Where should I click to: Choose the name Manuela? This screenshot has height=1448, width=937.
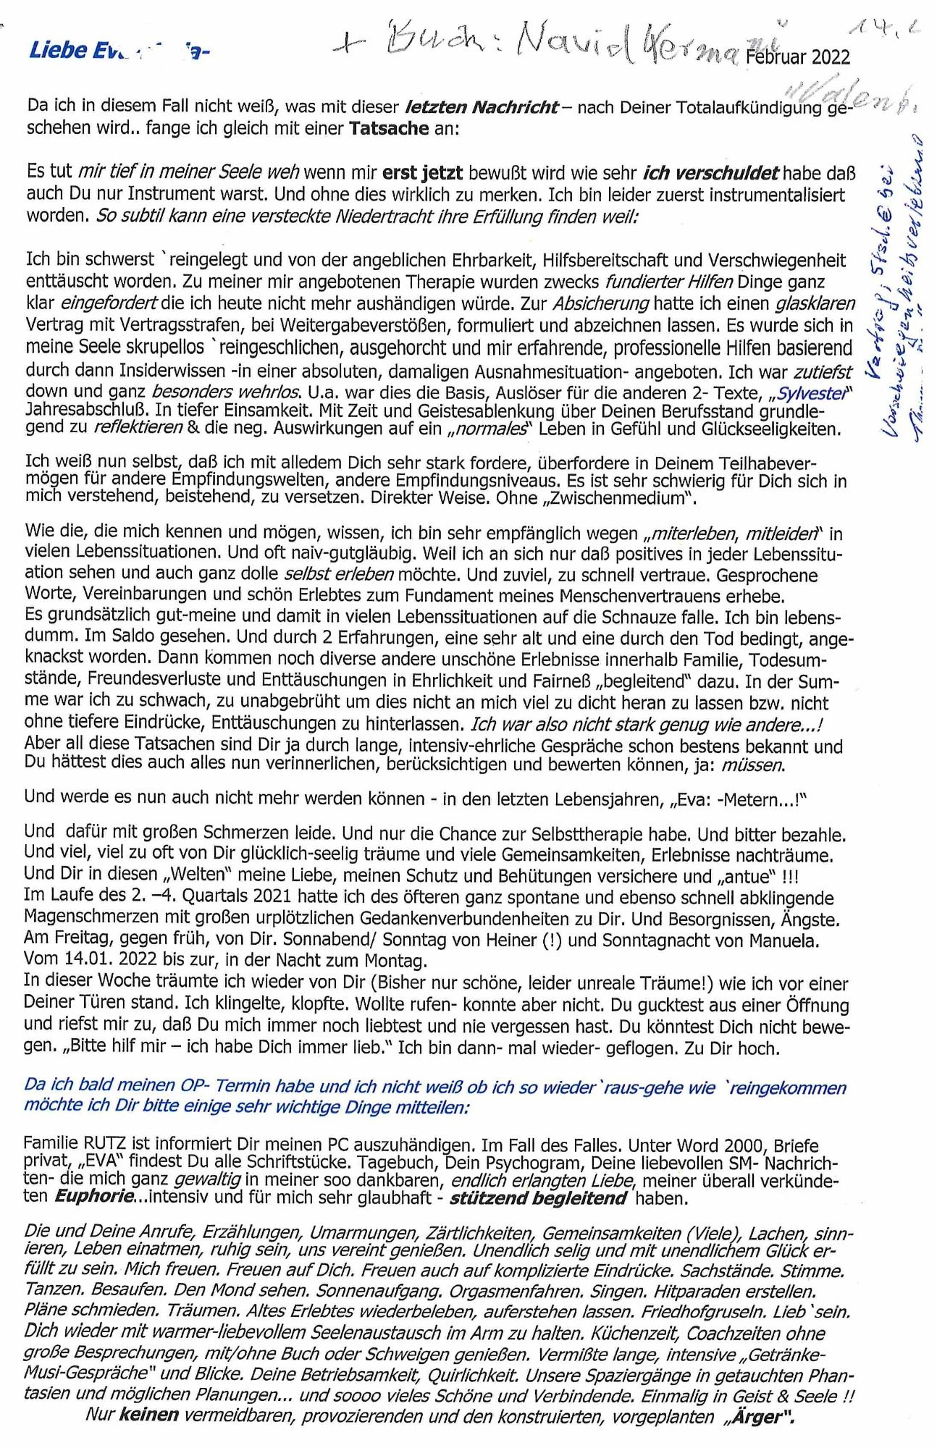point(784,940)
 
